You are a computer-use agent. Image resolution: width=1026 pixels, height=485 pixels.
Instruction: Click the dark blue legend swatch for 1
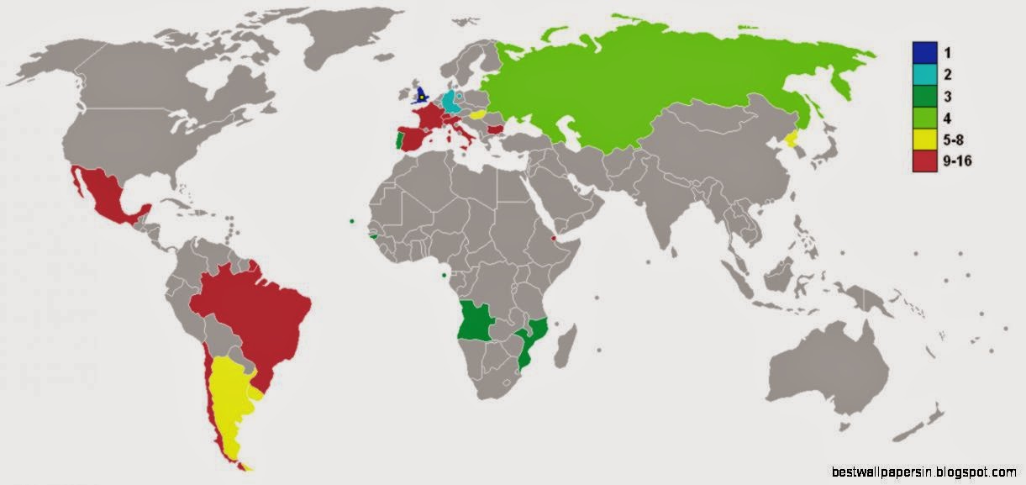click(923, 51)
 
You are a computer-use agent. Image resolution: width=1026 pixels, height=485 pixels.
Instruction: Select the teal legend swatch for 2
click(923, 73)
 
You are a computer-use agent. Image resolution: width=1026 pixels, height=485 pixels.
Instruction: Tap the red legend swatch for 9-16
click(923, 161)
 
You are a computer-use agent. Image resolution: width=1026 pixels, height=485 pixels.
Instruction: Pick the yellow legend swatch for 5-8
click(923, 140)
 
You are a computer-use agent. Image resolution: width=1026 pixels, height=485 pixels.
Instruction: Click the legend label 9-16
click(957, 161)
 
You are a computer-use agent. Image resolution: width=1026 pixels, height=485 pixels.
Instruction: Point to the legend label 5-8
click(953, 140)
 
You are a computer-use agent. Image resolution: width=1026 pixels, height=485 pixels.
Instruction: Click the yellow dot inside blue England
click(421, 98)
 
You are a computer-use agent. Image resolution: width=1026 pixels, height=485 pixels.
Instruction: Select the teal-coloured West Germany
click(451, 103)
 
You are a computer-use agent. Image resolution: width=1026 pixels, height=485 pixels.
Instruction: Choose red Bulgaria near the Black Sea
click(496, 129)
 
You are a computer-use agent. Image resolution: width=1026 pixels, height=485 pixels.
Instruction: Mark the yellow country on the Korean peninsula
click(791, 137)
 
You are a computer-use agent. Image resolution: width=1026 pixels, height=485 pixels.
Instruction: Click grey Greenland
click(353, 38)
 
